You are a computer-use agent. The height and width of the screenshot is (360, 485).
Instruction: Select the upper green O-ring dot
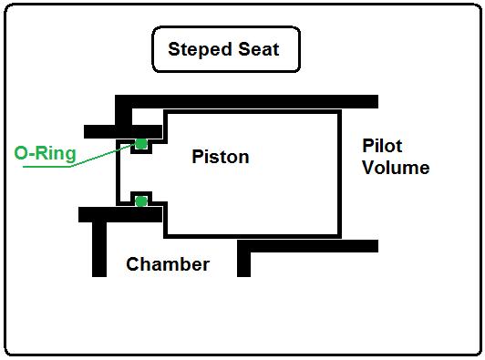coord(141,143)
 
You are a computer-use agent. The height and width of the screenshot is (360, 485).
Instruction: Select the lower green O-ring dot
coord(140,201)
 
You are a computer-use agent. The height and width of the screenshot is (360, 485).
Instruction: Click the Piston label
coord(220,157)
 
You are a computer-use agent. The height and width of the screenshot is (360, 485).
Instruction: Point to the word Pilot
coord(382,146)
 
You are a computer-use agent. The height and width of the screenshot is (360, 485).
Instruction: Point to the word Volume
coord(395,168)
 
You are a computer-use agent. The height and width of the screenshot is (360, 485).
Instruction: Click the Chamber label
coord(168,264)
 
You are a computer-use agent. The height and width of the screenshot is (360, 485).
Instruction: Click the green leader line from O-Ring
coord(91,157)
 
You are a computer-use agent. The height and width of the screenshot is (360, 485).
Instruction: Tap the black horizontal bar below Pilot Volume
coord(310,246)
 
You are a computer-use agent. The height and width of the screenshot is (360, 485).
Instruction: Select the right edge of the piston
coord(341,173)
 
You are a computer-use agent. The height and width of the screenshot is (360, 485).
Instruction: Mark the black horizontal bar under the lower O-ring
coord(119,215)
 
